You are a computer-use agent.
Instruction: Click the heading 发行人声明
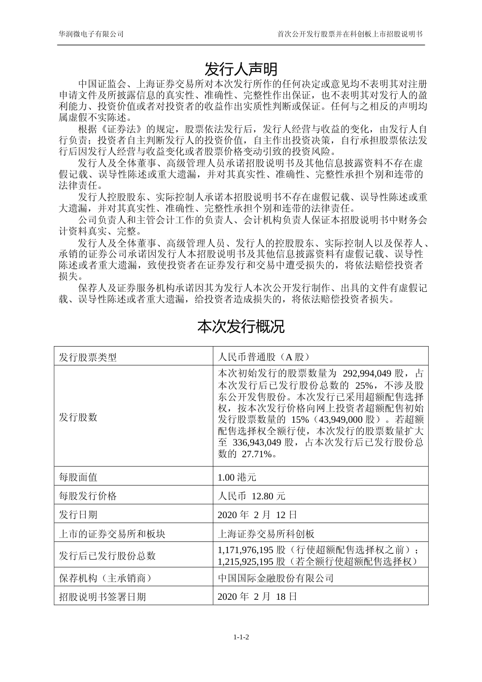coord(240,69)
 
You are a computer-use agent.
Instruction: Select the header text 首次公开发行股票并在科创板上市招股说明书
coord(350,34)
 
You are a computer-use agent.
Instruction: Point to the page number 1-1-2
coord(241,637)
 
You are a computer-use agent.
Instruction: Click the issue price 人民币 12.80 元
coord(251,496)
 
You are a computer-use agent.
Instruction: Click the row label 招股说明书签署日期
coord(102,597)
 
